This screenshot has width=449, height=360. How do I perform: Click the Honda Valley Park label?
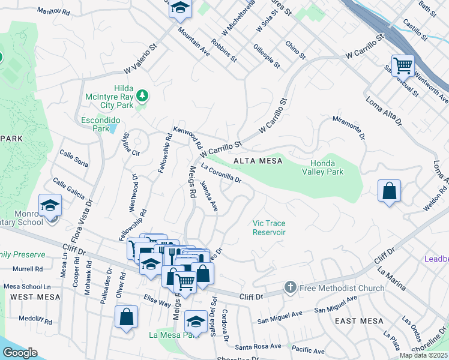coord(327,167)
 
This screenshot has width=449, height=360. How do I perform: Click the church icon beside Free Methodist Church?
coord(291,288)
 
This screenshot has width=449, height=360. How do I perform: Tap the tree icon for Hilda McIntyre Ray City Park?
coord(142,95)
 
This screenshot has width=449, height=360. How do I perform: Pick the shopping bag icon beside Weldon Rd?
coord(390,191)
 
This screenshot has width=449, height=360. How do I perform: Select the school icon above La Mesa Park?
coord(196,321)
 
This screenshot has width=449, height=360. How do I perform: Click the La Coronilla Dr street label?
coord(221,172)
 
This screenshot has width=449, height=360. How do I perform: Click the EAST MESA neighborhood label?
coord(359,321)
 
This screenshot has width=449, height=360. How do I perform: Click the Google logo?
coord(19,353)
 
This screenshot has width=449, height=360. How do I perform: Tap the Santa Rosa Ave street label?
coord(258,346)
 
